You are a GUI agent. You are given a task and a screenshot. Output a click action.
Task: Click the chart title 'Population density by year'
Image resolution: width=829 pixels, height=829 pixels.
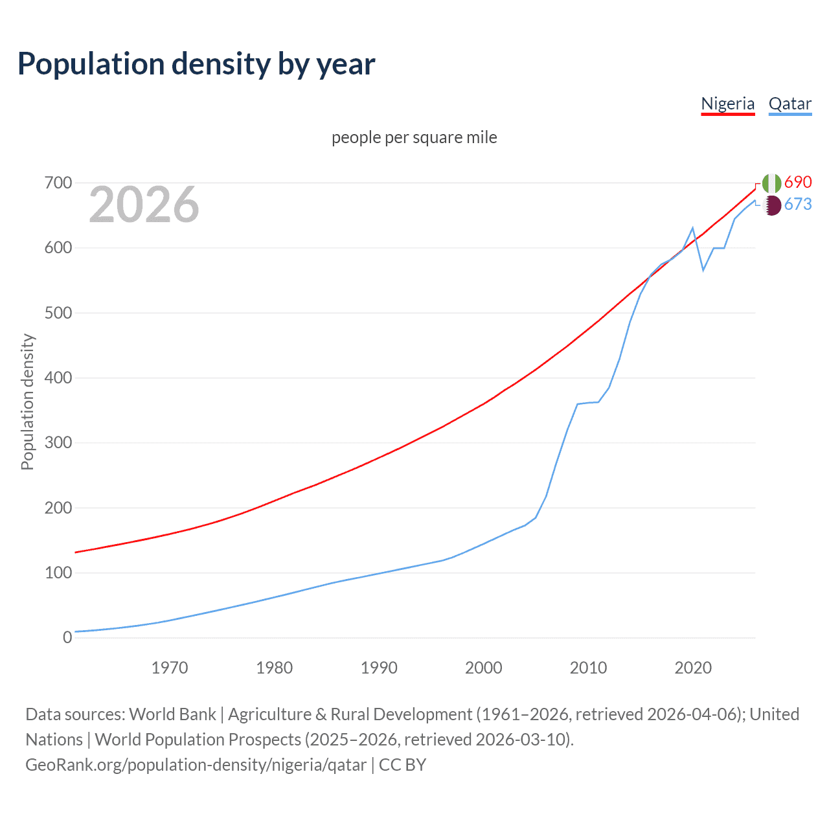[x=196, y=64]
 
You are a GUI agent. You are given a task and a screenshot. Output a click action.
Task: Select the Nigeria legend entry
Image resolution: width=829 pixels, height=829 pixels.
[x=728, y=104]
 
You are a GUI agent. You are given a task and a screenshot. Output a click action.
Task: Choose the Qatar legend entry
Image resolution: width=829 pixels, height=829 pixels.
[x=789, y=104]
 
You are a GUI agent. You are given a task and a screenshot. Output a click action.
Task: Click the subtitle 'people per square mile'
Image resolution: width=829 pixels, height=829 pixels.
[x=414, y=137]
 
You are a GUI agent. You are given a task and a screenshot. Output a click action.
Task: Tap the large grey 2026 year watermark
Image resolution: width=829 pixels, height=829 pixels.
[x=144, y=205]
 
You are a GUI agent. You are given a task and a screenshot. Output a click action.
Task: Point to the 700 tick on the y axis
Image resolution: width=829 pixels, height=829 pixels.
[x=58, y=183]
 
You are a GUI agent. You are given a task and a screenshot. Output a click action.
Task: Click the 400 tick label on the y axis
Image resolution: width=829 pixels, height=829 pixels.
[x=58, y=378]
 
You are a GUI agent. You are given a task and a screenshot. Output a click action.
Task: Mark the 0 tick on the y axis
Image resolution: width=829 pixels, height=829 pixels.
[x=67, y=637]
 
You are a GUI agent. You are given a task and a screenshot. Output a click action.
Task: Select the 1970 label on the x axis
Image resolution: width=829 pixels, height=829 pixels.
[x=170, y=668]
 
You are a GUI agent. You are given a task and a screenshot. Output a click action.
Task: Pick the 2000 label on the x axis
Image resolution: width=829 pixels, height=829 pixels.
[x=484, y=668]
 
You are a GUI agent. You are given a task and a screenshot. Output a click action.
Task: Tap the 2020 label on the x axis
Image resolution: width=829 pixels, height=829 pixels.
[x=693, y=668]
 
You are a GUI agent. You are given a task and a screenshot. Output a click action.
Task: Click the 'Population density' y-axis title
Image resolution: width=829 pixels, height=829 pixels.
[x=27, y=402]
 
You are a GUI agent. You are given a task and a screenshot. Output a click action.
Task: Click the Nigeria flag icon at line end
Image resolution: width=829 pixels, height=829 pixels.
[x=771, y=183]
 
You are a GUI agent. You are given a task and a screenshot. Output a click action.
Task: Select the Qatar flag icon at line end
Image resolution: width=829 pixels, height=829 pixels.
[x=771, y=205]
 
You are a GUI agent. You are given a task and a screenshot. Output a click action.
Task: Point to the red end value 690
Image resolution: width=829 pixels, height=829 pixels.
[x=798, y=182]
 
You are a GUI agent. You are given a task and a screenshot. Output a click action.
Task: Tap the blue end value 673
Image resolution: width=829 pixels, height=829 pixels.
[x=798, y=204]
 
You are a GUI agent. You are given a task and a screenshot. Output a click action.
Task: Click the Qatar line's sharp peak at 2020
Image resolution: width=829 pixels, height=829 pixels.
[x=693, y=228]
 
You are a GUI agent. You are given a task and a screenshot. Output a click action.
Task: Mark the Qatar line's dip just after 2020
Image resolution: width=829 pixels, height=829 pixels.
[x=703, y=270]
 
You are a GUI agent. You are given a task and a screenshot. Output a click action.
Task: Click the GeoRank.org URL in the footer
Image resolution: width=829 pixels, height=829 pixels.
[x=196, y=765]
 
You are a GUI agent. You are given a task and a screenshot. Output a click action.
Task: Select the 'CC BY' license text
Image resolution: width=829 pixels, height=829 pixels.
[x=402, y=765]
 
